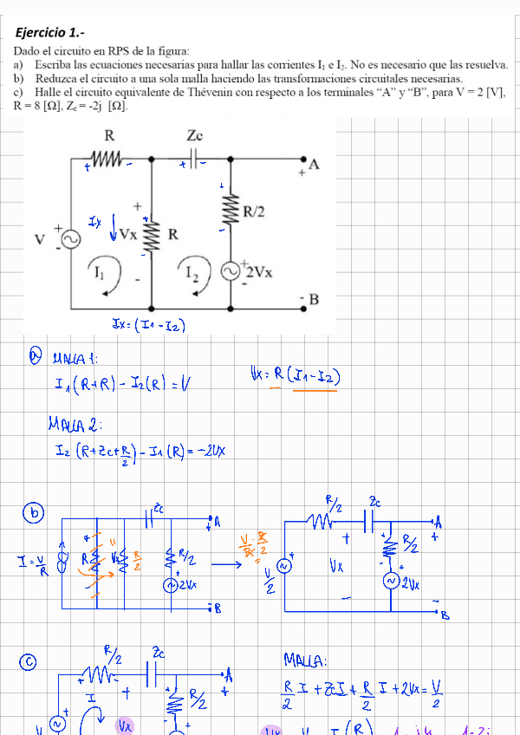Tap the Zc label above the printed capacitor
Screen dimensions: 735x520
point(194,136)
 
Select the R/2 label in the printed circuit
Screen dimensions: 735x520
point(254,211)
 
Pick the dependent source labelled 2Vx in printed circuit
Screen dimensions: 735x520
point(232,271)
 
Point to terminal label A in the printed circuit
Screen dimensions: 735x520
point(313,166)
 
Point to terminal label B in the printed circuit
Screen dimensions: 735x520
point(314,300)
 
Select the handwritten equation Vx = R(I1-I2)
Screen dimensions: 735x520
point(294,377)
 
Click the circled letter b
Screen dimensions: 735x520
point(35,514)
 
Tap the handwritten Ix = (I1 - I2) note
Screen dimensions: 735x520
point(149,326)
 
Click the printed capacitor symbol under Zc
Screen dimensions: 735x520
point(194,160)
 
